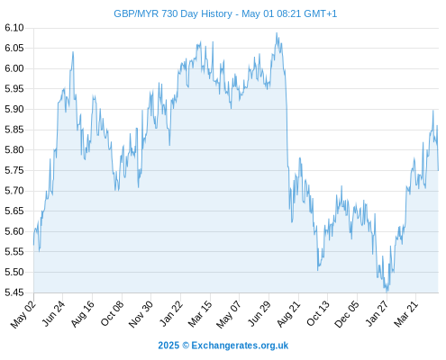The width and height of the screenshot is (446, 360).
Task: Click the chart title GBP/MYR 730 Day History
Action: click(x=173, y=13)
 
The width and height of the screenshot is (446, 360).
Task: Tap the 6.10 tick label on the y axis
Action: click(x=14, y=28)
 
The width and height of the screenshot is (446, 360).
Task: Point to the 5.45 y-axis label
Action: click(x=14, y=292)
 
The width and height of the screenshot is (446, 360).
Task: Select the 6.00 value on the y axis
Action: click(x=14, y=68)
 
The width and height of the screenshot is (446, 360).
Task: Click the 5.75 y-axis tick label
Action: click(x=14, y=170)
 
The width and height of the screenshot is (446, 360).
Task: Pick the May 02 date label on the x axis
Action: click(x=23, y=314)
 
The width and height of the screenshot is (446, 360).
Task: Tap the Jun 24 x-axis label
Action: click(x=53, y=313)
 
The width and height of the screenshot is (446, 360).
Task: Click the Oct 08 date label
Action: click(x=112, y=313)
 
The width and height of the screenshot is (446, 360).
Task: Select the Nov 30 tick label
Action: click(x=141, y=314)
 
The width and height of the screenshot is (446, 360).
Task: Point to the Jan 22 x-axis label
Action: click(x=171, y=313)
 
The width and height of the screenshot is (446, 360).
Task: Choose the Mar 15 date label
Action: click(x=200, y=314)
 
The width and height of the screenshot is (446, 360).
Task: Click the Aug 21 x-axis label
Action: click(x=288, y=314)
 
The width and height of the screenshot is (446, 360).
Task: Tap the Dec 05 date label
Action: click(x=347, y=314)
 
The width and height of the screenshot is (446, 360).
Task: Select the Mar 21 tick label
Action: click(x=406, y=314)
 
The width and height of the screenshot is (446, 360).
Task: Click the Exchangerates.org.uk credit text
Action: click(x=240, y=346)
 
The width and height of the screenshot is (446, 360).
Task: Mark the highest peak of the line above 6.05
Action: click(x=277, y=33)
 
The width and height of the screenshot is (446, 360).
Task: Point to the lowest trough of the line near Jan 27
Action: click(x=387, y=291)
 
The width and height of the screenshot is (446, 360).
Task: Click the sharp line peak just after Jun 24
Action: click(x=73, y=52)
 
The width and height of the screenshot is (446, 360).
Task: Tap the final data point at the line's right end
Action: click(x=438, y=170)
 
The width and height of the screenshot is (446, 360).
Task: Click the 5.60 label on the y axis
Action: click(x=14, y=231)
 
